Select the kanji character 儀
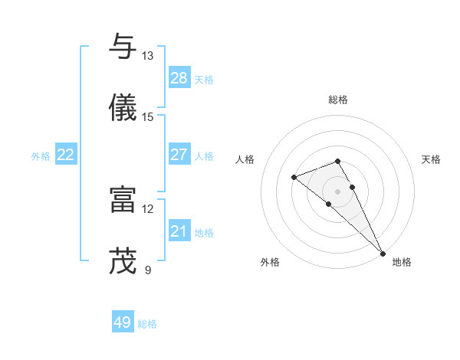tap(123, 107)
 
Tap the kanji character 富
tap(123, 199)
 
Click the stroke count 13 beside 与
tap(147, 56)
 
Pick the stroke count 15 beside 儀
tap(147, 117)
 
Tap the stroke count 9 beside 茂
tap(147, 270)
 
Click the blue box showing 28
tap(179, 78)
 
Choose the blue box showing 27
tap(179, 155)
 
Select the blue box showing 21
tap(179, 231)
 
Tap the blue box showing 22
tap(66, 155)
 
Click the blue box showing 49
tap(123, 322)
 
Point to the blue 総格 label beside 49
tap(148, 324)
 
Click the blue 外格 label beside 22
tap(41, 156)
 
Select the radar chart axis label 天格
tap(431, 159)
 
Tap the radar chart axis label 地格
tap(402, 262)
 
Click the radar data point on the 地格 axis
tap(383, 252)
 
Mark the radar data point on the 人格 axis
tap(294, 178)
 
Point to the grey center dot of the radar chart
tap(337, 191)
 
